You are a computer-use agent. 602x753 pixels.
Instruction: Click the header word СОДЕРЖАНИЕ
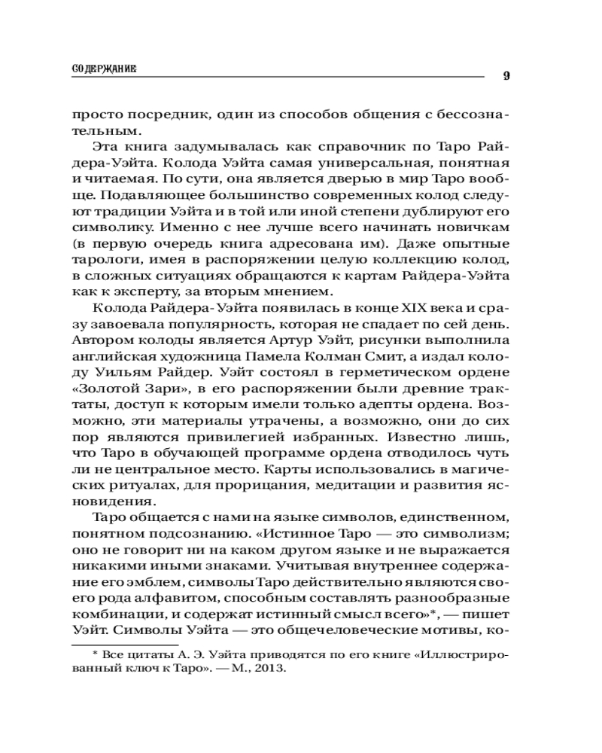tap(104, 69)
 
